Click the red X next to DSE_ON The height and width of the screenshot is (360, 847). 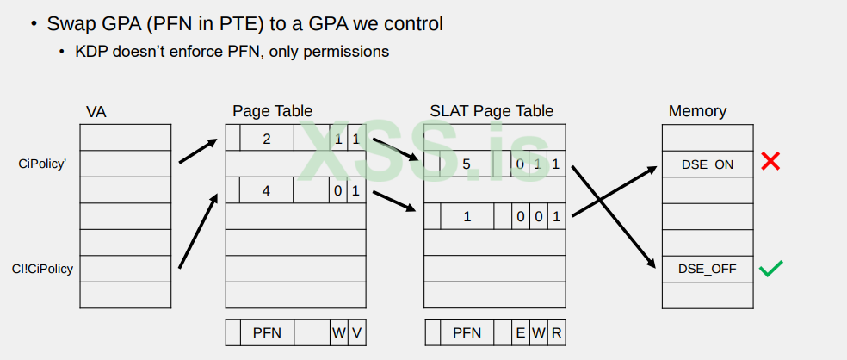tap(770, 161)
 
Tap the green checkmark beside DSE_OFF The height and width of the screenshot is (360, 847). tap(770, 269)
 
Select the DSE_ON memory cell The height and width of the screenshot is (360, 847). tap(708, 164)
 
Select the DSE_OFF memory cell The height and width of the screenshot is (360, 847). tap(708, 269)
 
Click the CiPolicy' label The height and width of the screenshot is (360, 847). tap(42, 163)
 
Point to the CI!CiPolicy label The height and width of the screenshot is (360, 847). tap(42, 269)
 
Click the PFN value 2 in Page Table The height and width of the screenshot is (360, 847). tap(266, 138)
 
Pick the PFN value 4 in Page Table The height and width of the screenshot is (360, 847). tap(266, 190)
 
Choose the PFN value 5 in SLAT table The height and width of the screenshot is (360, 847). tap(466, 164)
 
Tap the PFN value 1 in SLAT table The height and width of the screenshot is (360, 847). tap(467, 216)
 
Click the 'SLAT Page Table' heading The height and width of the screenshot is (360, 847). tap(492, 111)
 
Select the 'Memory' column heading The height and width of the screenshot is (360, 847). tap(697, 111)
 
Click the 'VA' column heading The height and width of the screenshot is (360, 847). tap(96, 112)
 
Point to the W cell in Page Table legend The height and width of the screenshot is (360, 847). tap(338, 332)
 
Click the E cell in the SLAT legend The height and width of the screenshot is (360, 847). tap(520, 332)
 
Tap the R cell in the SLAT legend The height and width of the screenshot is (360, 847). tap(556, 332)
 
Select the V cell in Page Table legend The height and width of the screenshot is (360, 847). tap(355, 332)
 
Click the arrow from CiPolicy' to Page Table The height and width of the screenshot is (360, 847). tap(197, 151)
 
